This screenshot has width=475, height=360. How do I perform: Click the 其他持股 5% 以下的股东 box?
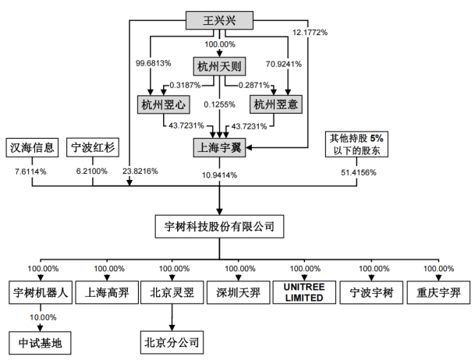[x=356, y=143]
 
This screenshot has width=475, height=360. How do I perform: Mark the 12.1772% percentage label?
[x=310, y=34]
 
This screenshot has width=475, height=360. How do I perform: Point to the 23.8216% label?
[x=140, y=170]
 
